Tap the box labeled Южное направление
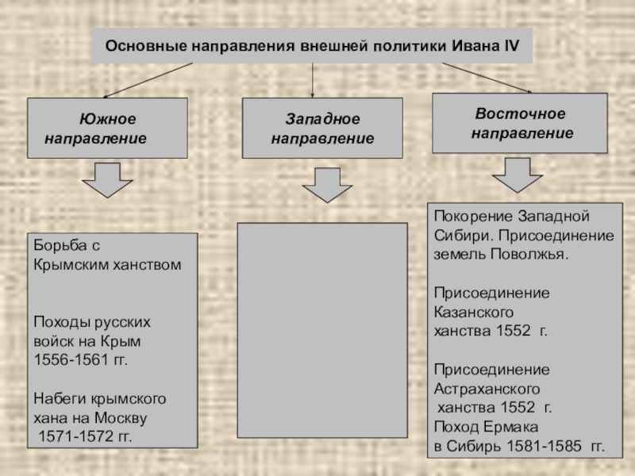(x=107, y=128)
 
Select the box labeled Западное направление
(x=322, y=128)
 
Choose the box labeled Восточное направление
(x=520, y=123)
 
